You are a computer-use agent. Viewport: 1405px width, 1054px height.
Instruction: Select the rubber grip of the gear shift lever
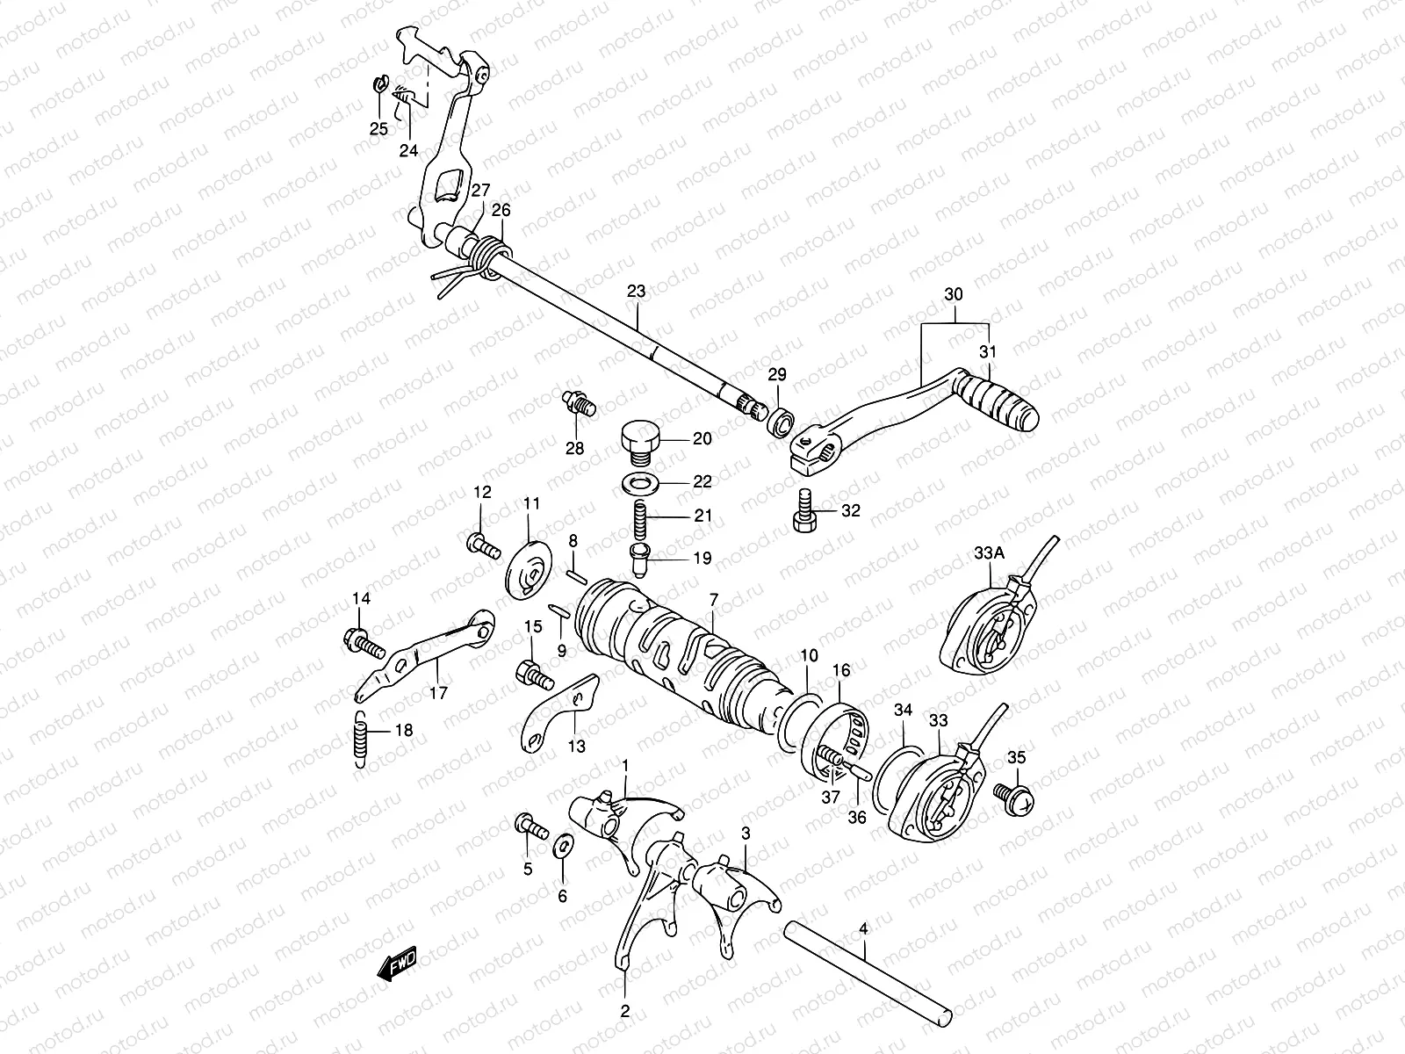pos(1001,400)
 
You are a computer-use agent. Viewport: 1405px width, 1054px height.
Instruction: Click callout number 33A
pos(988,553)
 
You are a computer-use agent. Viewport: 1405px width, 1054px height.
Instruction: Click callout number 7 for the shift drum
pos(713,599)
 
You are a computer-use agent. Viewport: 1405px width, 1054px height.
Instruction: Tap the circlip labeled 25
pos(379,85)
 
